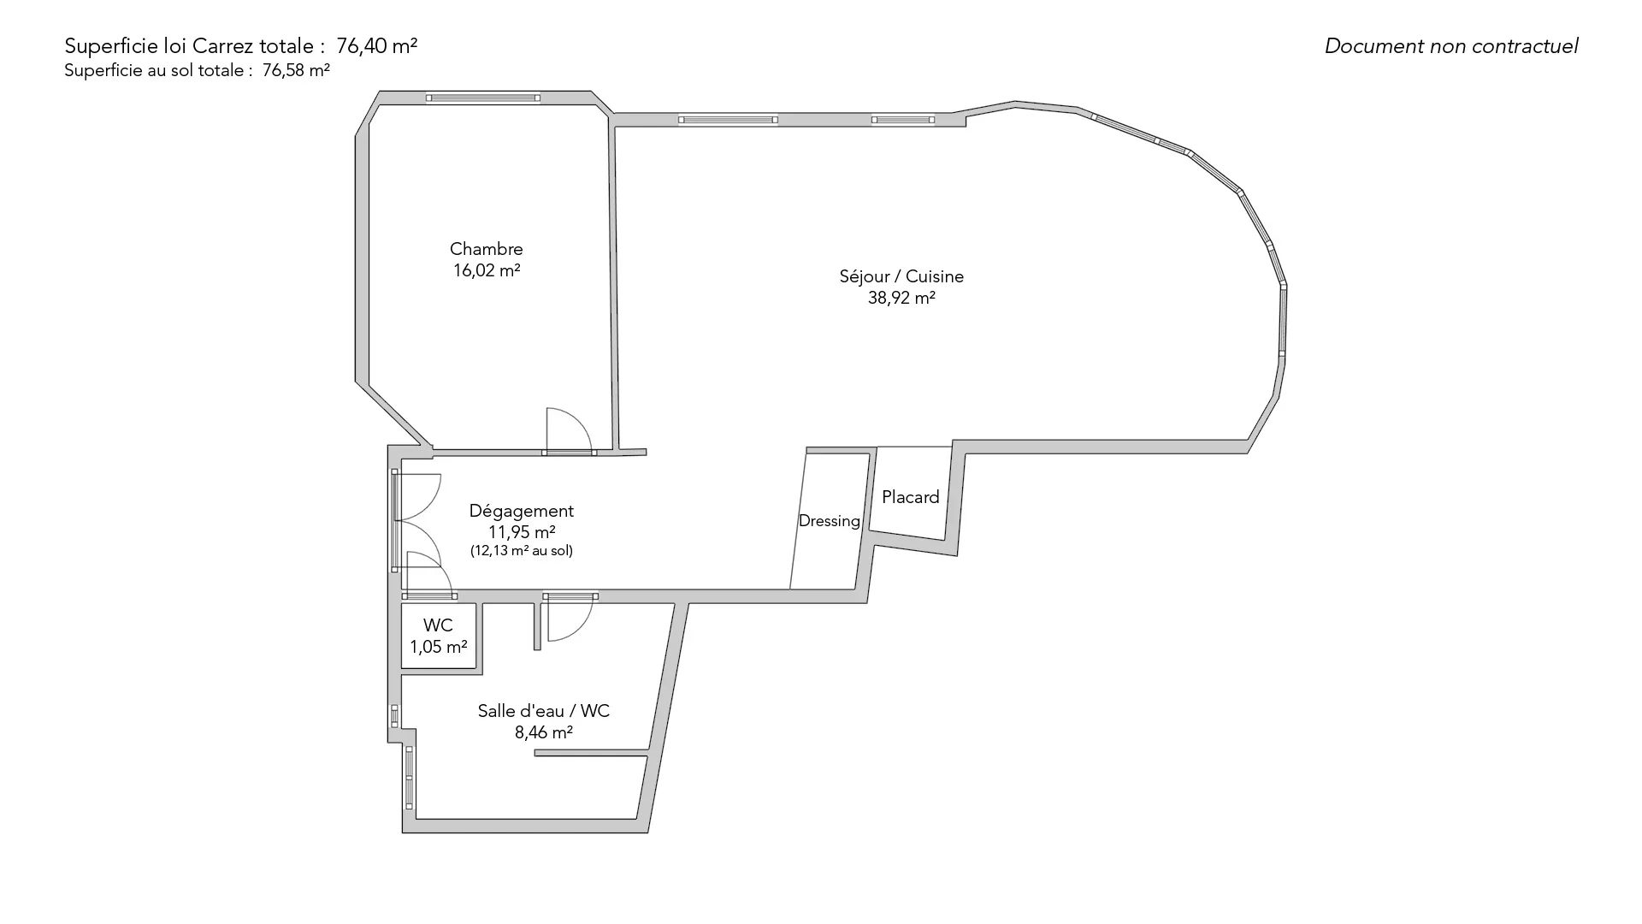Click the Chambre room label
click(486, 249)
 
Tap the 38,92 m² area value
click(901, 298)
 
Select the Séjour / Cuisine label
click(901, 276)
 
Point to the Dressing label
click(830, 521)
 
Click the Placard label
click(911, 497)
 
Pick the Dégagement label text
click(522, 511)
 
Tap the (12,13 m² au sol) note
click(522, 551)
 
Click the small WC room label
click(438, 625)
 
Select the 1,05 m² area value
click(439, 647)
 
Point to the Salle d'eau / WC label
click(544, 711)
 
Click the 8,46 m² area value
click(544, 732)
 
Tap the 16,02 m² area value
click(487, 270)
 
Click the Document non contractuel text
click(1451, 46)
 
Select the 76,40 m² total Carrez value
click(377, 46)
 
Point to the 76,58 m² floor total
click(296, 70)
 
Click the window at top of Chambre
click(483, 98)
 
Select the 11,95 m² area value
click(522, 532)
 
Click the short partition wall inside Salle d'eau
click(591, 753)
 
